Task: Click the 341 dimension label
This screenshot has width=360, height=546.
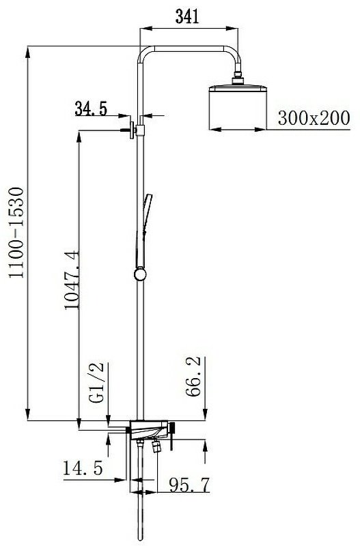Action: click(x=187, y=16)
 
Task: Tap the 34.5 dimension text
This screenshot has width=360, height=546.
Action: click(x=91, y=109)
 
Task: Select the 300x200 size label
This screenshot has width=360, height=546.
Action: click(x=314, y=118)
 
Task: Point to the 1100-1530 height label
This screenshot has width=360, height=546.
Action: click(x=16, y=233)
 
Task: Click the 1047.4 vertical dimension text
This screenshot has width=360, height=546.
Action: click(x=72, y=280)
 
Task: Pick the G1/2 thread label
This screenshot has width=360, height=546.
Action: click(x=96, y=382)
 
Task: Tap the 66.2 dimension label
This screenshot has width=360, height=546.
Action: click(x=193, y=377)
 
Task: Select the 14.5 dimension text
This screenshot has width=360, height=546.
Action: click(x=83, y=468)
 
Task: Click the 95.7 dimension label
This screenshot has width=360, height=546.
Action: click(x=189, y=485)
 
